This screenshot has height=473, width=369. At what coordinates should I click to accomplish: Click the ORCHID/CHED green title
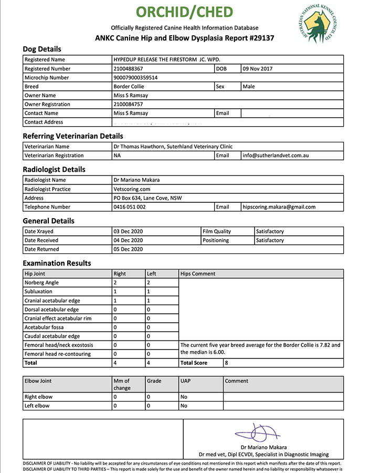pos(184,12)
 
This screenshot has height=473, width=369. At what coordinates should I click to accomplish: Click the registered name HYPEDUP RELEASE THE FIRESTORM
pos(163,60)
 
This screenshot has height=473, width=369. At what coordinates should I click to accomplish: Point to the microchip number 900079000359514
pos(135,78)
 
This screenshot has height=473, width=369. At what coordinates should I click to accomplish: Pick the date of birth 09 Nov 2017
pos(258,69)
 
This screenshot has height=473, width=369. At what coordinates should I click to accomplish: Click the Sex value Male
pos(249,87)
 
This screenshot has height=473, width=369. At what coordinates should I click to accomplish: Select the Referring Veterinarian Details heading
pos(73,136)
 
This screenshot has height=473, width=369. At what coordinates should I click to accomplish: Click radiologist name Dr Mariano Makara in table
pos(136,180)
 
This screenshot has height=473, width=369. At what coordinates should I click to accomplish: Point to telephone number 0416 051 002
pos(130,207)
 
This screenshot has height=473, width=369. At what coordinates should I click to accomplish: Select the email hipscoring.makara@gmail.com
pos(279,207)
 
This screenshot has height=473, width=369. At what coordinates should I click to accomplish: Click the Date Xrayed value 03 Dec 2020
pos(128,231)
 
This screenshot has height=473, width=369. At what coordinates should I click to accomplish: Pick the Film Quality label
pos(217,231)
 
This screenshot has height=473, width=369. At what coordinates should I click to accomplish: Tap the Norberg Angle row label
pos(41,283)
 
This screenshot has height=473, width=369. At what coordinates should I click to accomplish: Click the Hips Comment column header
pos(197,274)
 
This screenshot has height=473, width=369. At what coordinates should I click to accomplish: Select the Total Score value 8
pos(226,363)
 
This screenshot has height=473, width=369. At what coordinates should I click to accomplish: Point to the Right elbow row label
pos(39,397)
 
